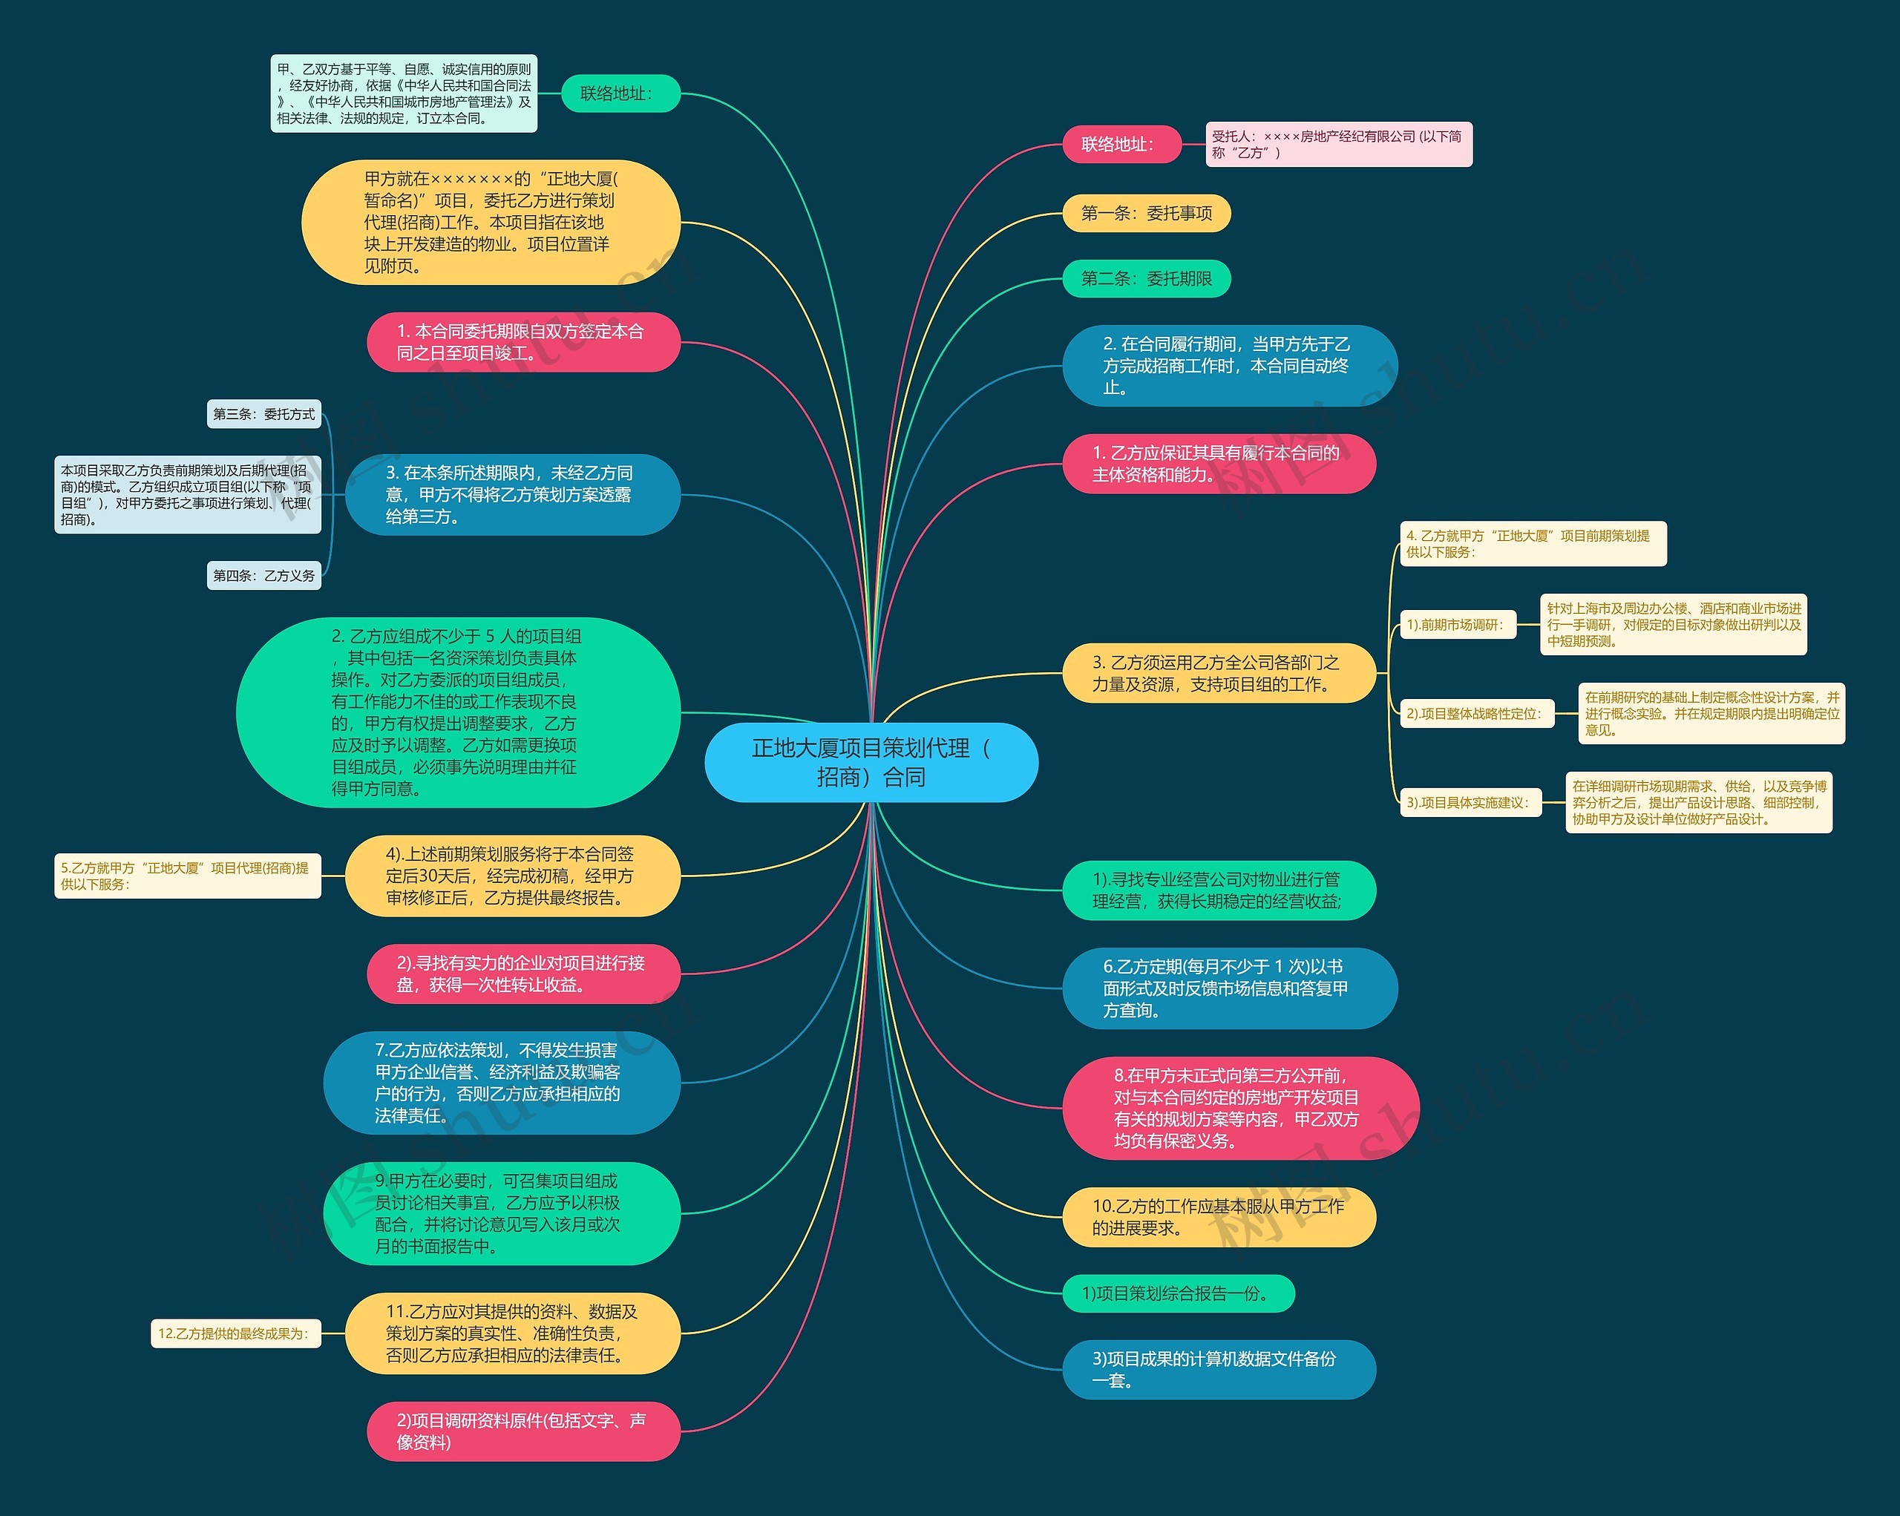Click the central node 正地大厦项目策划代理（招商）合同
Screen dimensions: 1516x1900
click(x=871, y=762)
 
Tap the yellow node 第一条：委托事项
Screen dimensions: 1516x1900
click(x=1146, y=213)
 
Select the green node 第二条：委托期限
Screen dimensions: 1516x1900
click(x=1146, y=278)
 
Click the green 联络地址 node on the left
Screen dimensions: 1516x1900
click(x=620, y=93)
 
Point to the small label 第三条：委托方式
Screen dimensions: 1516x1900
click(x=263, y=414)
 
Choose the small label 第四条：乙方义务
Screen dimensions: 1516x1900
click(x=263, y=575)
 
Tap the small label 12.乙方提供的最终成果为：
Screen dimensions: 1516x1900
click(x=235, y=1333)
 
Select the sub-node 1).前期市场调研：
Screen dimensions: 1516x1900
click(x=1458, y=625)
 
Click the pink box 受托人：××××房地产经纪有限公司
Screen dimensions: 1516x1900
click(x=1337, y=145)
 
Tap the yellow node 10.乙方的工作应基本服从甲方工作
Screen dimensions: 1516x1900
click(x=1218, y=1218)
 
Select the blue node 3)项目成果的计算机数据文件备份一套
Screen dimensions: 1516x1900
click(x=1218, y=1370)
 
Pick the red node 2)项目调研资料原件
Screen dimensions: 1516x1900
click(x=522, y=1431)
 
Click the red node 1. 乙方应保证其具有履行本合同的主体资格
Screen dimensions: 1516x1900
click(x=1218, y=463)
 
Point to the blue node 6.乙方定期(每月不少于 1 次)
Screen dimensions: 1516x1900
click(x=1228, y=988)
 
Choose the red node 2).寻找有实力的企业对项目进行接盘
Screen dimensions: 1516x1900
click(x=522, y=974)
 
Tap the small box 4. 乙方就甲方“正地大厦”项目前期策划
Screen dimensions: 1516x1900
click(x=1532, y=543)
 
